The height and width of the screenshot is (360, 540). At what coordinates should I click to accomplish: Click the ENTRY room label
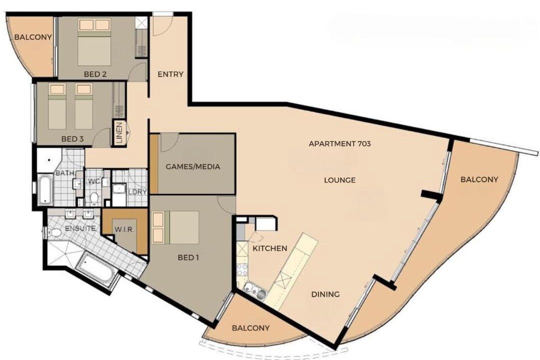170,74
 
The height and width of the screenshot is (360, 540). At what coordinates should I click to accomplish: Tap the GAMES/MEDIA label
193,166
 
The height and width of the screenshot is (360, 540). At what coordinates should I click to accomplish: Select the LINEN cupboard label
119,133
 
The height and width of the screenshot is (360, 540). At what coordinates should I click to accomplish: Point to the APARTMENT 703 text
339,143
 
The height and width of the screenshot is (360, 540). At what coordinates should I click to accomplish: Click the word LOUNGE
339,180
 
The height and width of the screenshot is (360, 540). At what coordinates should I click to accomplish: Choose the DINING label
325,294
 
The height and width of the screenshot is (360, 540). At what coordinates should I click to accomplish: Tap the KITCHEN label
270,248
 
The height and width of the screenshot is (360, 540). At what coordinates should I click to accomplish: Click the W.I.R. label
124,229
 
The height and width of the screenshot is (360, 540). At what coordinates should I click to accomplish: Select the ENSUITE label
80,228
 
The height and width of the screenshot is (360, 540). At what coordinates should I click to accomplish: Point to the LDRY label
137,192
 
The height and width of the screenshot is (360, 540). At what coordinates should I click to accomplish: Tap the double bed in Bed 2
94,42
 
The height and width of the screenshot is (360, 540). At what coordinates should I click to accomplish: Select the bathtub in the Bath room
45,189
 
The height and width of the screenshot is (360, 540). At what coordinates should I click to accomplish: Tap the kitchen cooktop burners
242,269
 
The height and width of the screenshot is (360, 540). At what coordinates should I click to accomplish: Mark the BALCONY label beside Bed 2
33,37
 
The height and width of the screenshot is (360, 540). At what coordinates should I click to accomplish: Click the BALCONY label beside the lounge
479,179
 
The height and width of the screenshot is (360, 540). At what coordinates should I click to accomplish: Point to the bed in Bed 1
175,227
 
